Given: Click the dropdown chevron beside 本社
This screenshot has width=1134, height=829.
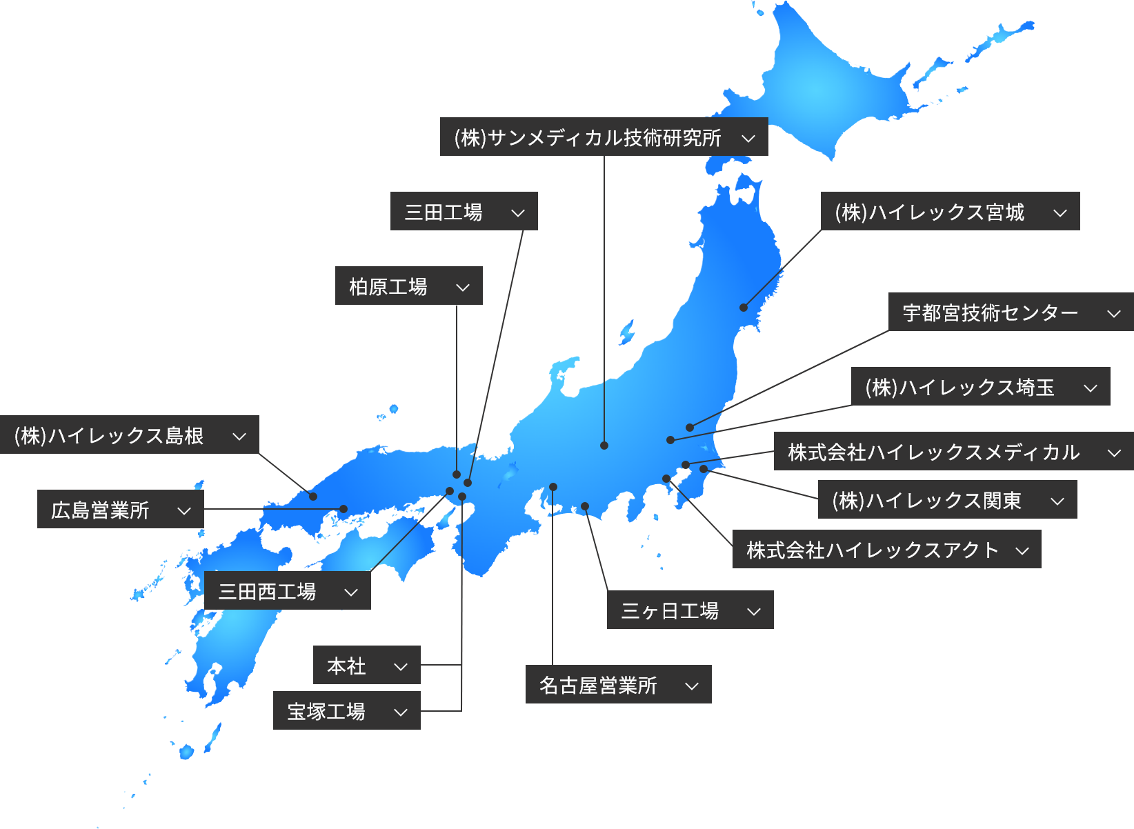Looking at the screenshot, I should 401,666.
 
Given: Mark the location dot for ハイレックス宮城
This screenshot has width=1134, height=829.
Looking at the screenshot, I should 744,308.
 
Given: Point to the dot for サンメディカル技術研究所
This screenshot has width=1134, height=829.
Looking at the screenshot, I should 604,446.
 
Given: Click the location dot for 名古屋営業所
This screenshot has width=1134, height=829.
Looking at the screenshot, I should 553,487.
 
